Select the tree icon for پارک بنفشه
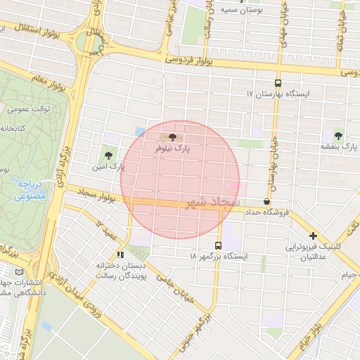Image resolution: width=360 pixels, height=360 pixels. [339, 134]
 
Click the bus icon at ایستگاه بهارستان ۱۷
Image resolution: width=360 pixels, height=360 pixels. [278, 82]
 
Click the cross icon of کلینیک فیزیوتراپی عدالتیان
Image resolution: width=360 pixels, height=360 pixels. [313, 236]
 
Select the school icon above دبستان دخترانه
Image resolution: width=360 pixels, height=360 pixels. [121, 254]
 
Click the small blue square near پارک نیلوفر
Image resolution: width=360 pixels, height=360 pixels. [140, 131]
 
